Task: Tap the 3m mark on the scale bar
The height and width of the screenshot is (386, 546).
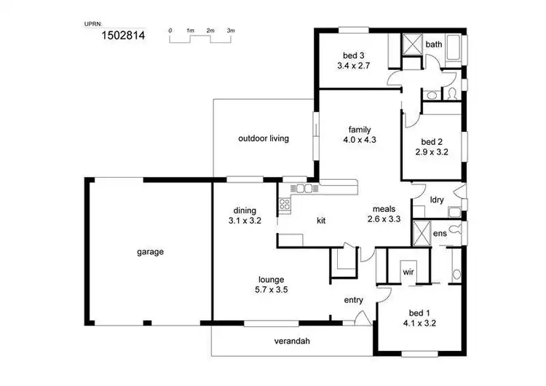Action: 231,30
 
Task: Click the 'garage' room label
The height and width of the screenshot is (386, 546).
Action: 150,252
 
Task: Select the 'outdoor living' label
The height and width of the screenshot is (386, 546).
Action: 264,138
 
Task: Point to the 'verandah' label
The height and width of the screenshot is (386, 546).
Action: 293,341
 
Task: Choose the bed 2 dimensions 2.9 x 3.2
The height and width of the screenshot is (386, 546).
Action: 432,152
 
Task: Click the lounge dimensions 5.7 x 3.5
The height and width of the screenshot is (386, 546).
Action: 270,289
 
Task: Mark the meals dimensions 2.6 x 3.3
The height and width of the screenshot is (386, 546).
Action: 384,218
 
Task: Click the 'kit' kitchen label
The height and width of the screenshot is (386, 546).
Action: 321,220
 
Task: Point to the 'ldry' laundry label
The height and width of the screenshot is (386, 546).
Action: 438,199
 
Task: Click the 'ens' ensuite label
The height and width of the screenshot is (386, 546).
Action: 440,234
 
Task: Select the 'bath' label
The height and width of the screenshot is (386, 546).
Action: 433,44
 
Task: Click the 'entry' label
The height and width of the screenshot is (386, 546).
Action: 353,299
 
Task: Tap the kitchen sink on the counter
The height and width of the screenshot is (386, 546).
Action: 302,189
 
